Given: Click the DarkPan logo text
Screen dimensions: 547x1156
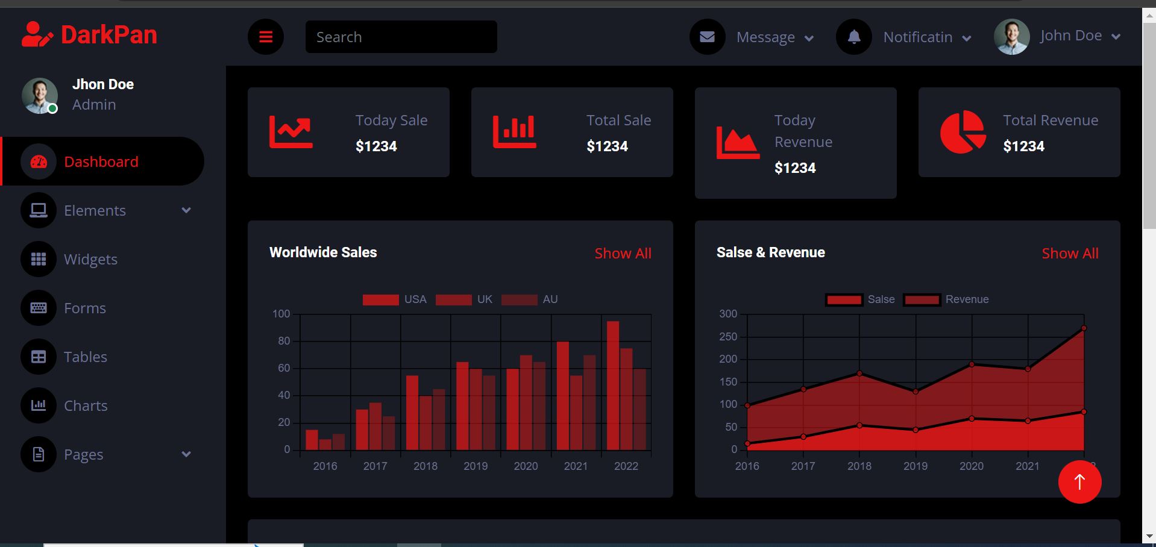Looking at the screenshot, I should [x=108, y=35].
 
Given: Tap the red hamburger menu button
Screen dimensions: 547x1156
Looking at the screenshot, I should [x=266, y=37].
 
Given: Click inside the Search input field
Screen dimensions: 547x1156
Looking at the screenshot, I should [x=401, y=37].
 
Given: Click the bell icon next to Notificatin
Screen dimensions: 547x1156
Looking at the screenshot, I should [x=853, y=37].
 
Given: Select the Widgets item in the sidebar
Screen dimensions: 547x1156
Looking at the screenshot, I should [x=90, y=259].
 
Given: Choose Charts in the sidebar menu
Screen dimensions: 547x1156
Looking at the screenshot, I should [x=86, y=405].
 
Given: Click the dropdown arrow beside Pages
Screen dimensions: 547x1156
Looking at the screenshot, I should [x=186, y=454].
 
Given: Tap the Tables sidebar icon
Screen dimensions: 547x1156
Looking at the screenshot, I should [x=39, y=357].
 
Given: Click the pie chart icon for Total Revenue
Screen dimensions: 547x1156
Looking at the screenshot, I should [x=963, y=132].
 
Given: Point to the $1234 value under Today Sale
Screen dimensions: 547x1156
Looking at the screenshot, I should [x=376, y=146].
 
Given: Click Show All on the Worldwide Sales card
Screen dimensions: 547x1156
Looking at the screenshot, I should [x=623, y=254].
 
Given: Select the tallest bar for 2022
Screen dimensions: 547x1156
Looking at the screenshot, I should [x=613, y=386].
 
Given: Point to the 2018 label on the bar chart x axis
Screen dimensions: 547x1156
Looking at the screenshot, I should [x=426, y=466].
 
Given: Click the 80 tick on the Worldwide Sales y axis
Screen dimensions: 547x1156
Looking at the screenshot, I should [x=284, y=341].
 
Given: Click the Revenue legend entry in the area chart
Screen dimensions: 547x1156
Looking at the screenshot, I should [x=947, y=299].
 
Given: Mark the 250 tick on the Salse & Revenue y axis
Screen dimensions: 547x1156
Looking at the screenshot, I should [x=728, y=337].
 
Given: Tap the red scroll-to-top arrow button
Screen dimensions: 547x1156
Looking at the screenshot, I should [x=1079, y=482].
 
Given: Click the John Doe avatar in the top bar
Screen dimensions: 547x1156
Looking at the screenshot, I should [x=1011, y=37].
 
